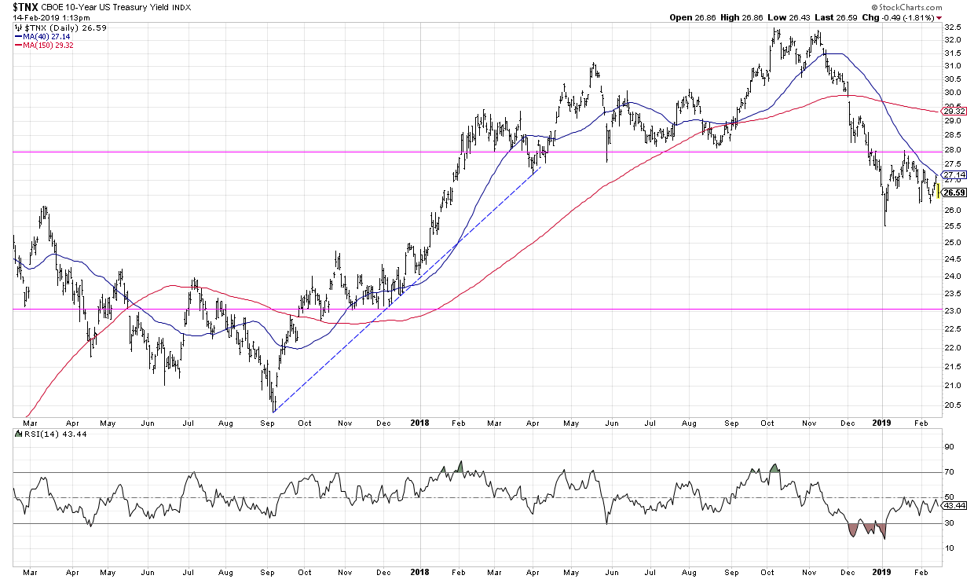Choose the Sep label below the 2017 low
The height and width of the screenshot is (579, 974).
tap(268, 422)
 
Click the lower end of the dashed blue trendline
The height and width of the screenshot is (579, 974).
tap(273, 411)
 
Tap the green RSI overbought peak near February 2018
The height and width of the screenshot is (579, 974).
tap(460, 467)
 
